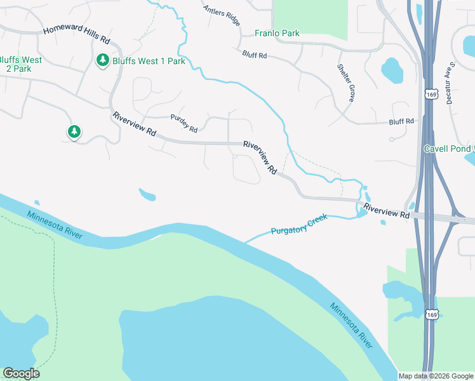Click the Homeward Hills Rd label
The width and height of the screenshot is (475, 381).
coord(77,35)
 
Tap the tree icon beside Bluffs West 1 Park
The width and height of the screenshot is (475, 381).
coord(102,60)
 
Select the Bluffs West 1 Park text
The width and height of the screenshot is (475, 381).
coord(149,62)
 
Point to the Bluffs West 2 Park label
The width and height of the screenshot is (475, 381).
coord(20,65)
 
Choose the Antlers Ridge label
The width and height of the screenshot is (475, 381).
coord(222,16)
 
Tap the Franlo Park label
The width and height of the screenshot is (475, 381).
coord(277,33)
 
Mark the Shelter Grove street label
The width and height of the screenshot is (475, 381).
coord(346,83)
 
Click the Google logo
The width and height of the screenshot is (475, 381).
coord(21,373)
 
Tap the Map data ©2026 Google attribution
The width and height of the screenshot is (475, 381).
coord(436,376)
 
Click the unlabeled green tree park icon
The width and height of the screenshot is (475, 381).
coord(74,131)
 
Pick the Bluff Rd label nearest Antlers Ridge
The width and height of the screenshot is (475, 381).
coord(254,56)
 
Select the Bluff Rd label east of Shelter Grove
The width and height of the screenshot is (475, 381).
coord(401,121)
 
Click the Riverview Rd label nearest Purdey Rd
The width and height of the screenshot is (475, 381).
coord(134,124)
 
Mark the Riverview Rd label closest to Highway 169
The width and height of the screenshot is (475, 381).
coord(387,211)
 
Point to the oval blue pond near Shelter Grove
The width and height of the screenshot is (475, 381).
coord(391,71)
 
